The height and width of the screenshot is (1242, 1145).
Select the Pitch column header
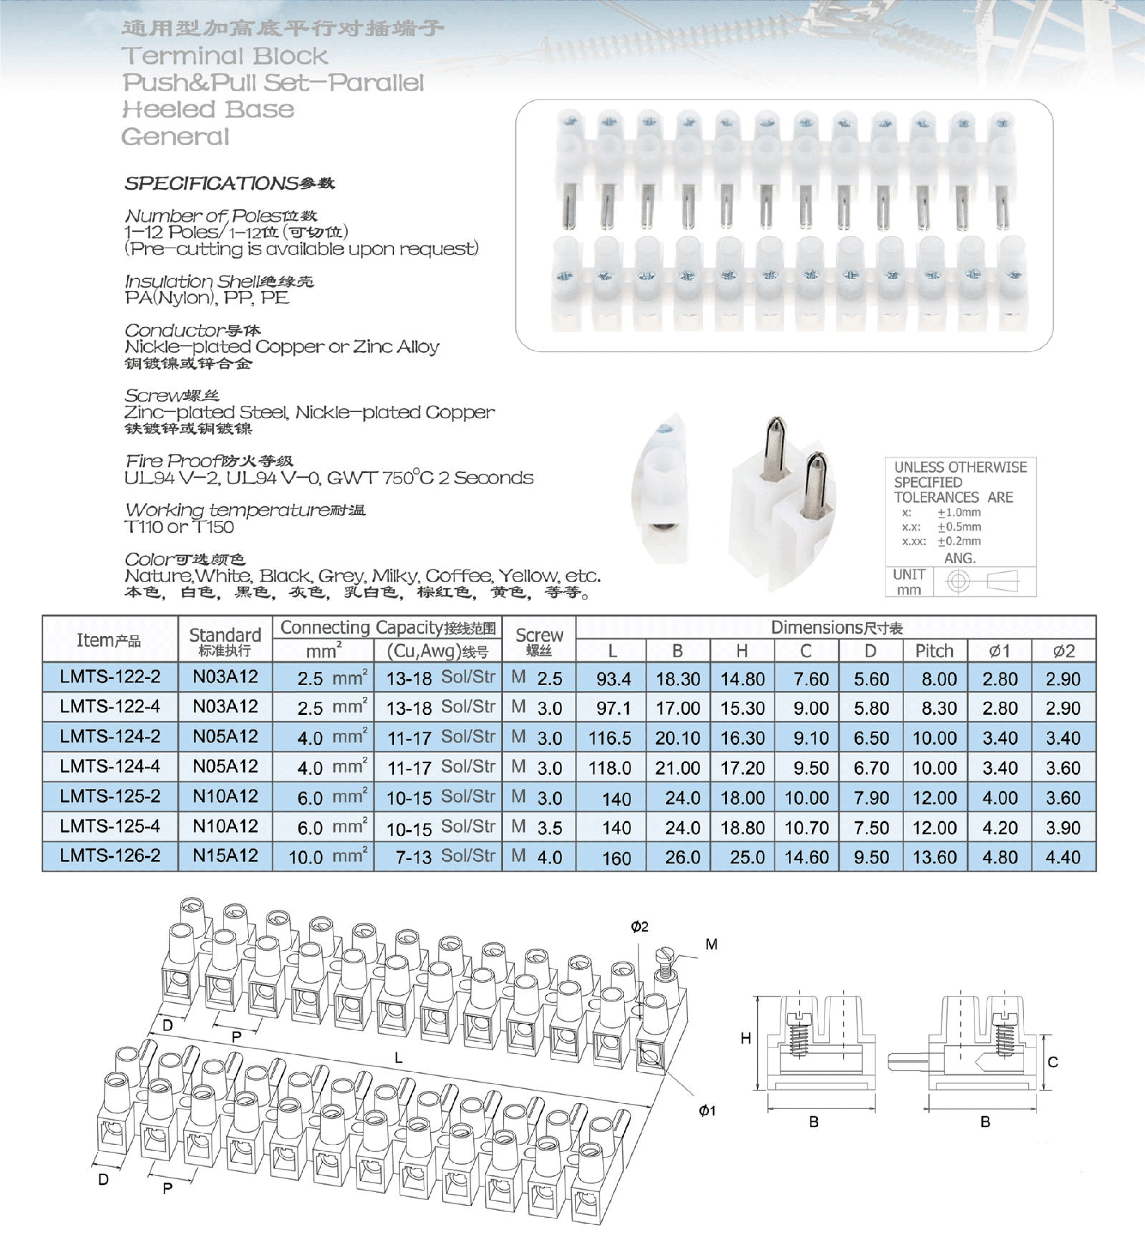coord(934,650)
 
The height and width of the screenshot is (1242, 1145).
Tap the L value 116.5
coord(610,738)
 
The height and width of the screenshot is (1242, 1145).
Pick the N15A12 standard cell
coord(225,855)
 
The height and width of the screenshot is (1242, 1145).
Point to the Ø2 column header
coord(1063,650)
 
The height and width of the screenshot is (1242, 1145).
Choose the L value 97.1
coord(613,708)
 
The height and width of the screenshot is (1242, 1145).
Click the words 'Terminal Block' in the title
coord(224,56)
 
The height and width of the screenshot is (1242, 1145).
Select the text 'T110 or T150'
coord(179,527)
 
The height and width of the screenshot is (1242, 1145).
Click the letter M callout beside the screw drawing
coord(711,944)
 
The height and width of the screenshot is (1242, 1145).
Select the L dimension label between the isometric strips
coord(399,1057)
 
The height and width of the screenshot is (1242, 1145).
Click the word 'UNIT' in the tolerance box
coord(909,574)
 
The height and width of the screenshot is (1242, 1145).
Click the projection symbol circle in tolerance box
coord(958,581)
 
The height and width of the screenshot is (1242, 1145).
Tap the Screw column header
coord(539,640)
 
